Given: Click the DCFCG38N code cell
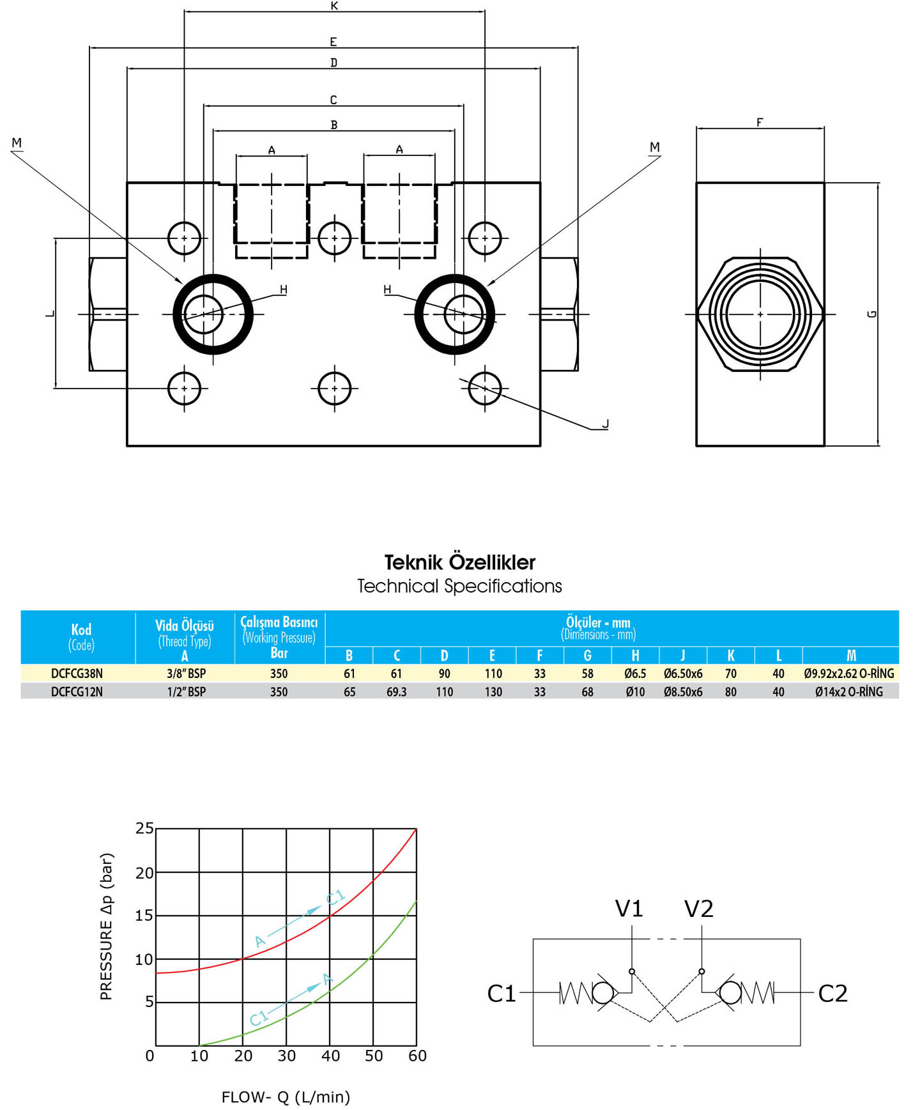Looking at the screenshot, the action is click(77, 674).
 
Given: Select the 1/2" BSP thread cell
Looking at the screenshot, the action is click(186, 691).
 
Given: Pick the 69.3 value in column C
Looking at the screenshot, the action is click(396, 691).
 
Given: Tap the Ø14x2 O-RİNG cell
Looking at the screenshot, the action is click(849, 691).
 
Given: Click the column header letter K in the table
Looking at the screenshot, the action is click(731, 656).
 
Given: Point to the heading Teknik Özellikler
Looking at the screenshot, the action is click(460, 562).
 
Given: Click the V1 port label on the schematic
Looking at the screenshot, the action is click(629, 908).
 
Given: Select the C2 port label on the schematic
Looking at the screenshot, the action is click(833, 993).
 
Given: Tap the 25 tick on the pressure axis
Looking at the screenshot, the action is click(145, 828).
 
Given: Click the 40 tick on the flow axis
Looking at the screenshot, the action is click(330, 1056).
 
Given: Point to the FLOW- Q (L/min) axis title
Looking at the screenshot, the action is click(286, 1097).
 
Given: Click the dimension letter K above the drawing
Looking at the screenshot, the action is click(334, 6).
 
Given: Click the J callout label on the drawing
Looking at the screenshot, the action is click(605, 423).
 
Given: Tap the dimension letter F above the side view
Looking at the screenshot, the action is click(760, 121).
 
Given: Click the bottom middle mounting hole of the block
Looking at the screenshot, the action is click(335, 388).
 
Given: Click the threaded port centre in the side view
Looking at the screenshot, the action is click(760, 314).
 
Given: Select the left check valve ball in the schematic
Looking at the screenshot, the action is click(604, 993).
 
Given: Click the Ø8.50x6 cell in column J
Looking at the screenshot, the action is click(683, 691).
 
